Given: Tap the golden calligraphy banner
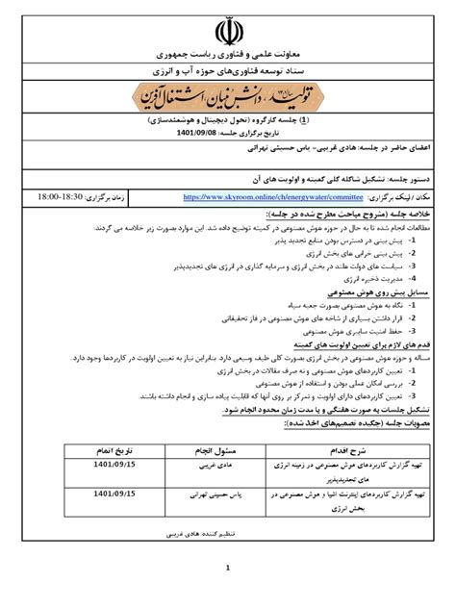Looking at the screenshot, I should [228, 99].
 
